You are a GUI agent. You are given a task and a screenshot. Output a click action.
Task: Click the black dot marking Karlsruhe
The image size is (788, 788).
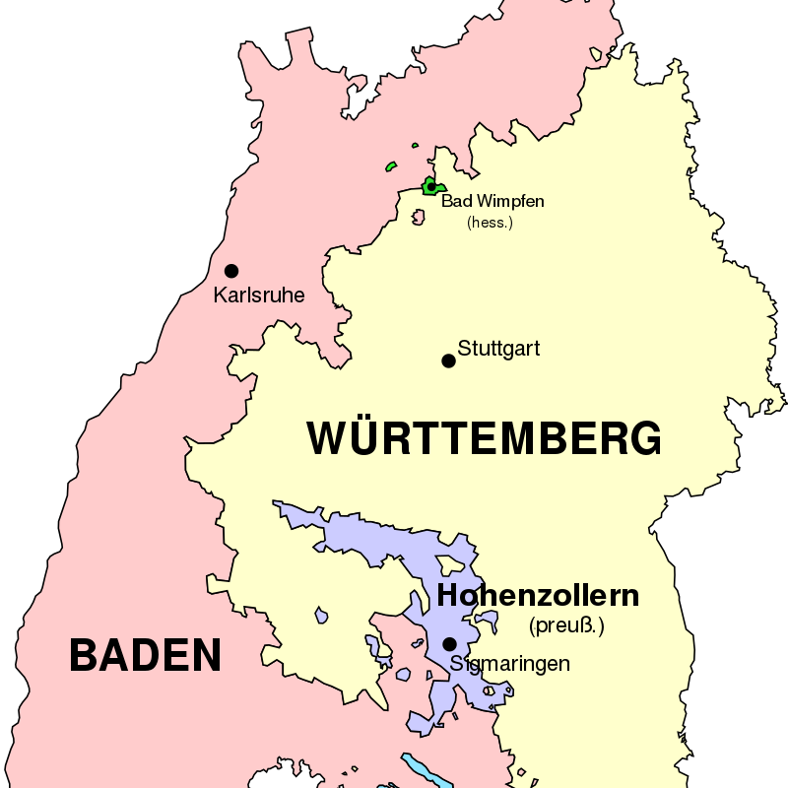[231, 271]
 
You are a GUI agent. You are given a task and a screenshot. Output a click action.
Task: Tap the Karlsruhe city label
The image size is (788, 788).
[259, 295]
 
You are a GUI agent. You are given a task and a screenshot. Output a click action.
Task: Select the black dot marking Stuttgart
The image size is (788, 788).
[449, 361]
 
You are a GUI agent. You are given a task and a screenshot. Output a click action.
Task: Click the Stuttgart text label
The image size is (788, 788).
[498, 349]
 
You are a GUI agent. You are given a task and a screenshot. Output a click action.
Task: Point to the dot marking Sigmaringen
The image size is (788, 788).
[449, 644]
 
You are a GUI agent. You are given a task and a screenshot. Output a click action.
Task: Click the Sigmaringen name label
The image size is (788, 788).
[510, 663]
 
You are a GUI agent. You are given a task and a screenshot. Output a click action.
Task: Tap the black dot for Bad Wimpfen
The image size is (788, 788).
[430, 185]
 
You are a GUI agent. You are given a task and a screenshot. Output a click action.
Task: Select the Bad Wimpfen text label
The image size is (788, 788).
[492, 202]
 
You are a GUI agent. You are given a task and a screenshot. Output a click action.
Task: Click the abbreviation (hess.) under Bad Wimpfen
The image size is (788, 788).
[490, 223]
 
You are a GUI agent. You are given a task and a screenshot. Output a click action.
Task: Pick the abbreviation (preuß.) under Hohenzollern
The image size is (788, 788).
[566, 624]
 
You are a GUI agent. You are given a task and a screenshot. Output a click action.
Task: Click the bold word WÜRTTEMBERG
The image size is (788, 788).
[484, 438]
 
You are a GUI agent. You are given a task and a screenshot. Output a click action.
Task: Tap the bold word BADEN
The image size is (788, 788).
[145, 655]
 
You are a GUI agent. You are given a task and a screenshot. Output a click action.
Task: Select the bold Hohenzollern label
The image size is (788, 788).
[538, 596]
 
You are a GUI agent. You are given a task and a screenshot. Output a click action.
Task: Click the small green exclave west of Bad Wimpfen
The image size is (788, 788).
[391, 165]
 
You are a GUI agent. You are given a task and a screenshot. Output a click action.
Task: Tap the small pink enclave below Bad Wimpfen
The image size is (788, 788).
[419, 212]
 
